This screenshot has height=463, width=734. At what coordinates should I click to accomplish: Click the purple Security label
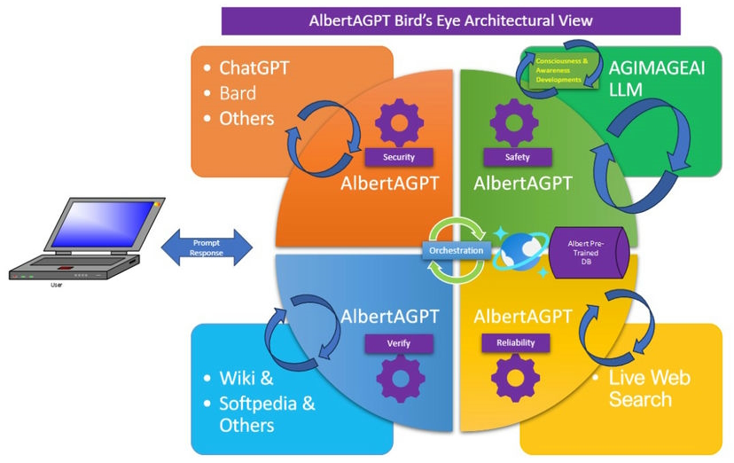[x=399, y=157]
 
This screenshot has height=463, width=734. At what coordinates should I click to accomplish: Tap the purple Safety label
[x=517, y=157]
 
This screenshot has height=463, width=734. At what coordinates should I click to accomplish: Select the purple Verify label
[x=399, y=342]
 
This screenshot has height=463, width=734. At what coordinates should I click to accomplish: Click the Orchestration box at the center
[x=457, y=250]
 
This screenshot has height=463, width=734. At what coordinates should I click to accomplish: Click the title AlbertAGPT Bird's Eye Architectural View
[x=450, y=20]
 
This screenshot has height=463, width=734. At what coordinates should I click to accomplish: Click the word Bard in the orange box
[x=238, y=93]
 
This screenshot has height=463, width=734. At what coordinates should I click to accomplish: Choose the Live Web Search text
[x=650, y=388]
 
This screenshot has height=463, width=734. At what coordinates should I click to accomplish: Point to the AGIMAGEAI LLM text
[x=657, y=80]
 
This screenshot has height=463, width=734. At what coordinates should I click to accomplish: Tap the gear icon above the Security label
[x=399, y=122]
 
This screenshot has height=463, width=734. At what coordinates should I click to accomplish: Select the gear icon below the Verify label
[x=401, y=379]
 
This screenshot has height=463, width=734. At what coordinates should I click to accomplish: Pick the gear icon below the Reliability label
[x=515, y=379]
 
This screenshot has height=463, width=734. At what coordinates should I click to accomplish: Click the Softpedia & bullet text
[x=267, y=404]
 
